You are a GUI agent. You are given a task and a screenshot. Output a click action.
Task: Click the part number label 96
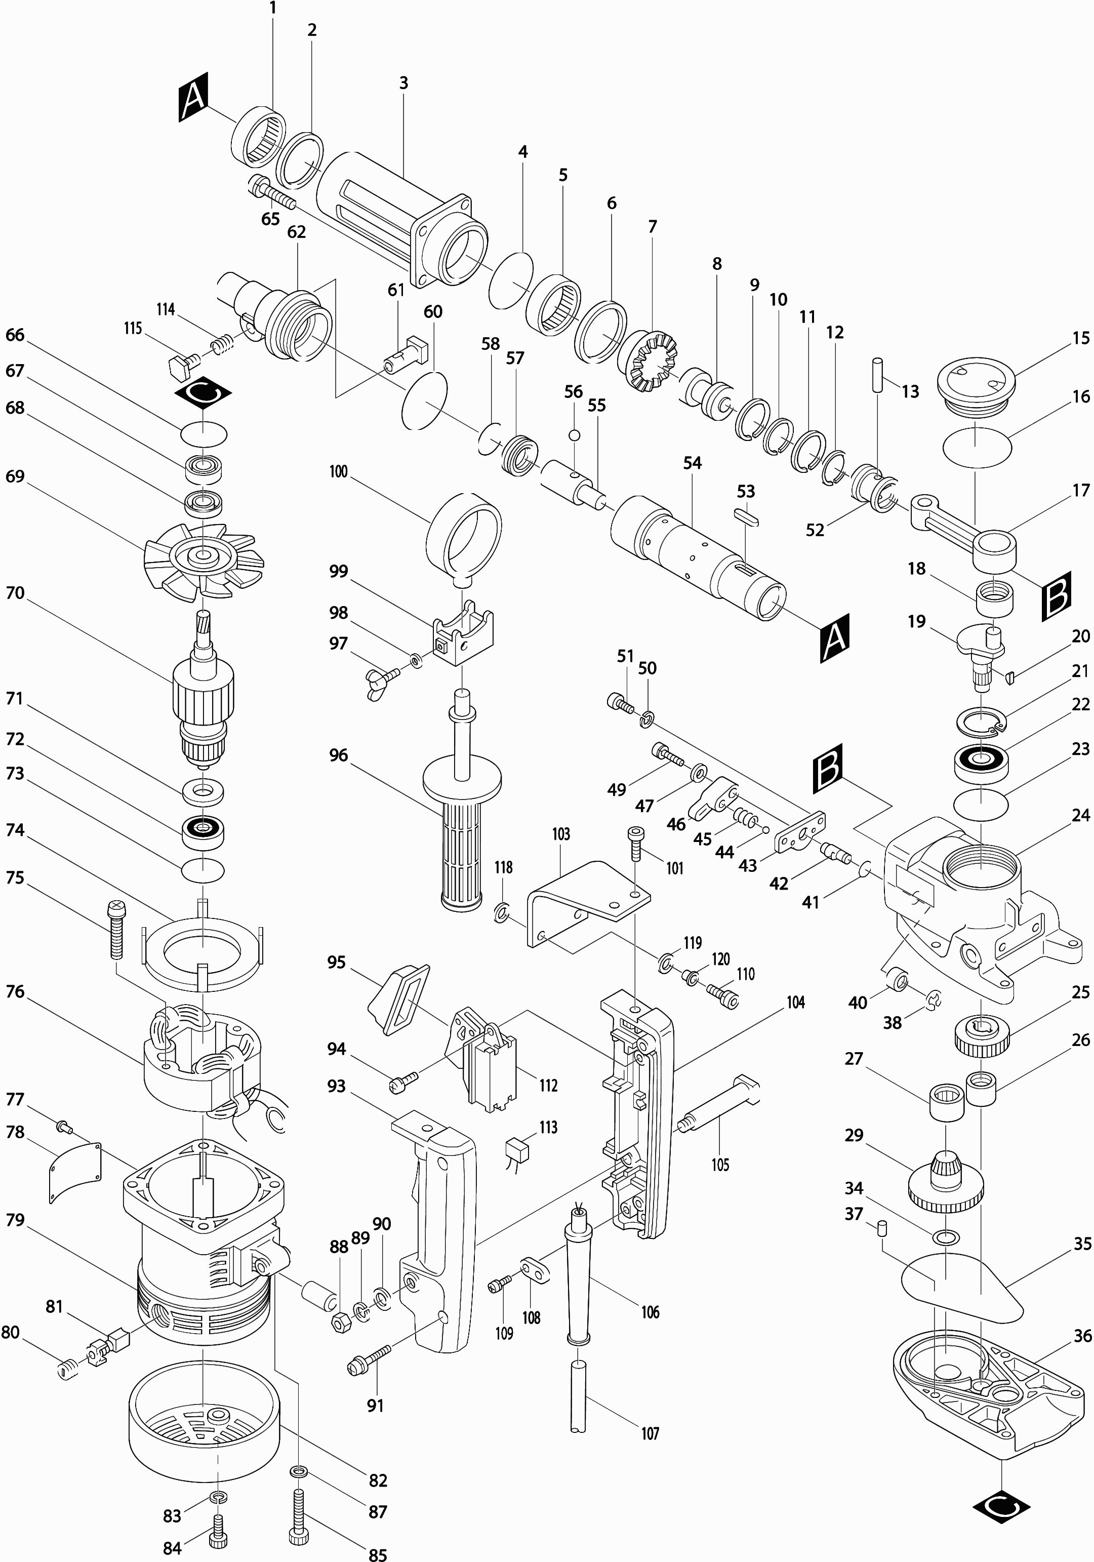click(x=338, y=755)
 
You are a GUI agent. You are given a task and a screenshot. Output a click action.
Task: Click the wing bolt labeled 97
click(x=386, y=677)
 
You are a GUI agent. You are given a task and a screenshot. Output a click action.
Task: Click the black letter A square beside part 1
click(x=193, y=101)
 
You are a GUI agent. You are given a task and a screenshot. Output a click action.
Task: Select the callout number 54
click(x=693, y=463)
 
